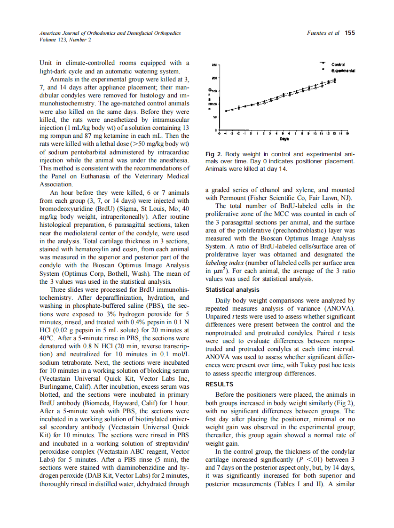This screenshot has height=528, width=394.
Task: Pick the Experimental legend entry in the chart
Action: coord(343,70)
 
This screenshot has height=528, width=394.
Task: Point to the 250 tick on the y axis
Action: coord(213,64)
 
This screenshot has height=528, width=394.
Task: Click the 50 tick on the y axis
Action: coord(214,117)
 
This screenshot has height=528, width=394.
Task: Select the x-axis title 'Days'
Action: coord(284,139)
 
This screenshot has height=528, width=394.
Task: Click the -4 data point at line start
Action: coord(226,111)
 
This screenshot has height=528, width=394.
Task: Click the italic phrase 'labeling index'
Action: coord(223,263)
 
